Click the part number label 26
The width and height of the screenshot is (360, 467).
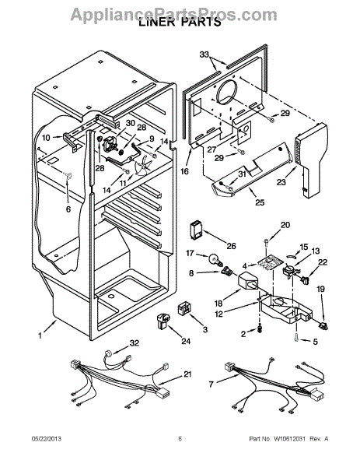pyautogui.click(x=231, y=246)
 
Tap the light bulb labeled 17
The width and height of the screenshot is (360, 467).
pyautogui.click(x=216, y=260)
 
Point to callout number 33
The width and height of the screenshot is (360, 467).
pyautogui.click(x=204, y=54)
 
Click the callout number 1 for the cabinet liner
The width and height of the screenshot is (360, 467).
pyautogui.click(x=40, y=335)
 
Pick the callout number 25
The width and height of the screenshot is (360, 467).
pyautogui.click(x=260, y=202)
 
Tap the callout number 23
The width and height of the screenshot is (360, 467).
pyautogui.click(x=281, y=181)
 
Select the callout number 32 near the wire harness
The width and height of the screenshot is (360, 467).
pyautogui.click(x=135, y=343)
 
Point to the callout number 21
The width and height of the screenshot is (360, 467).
pyautogui.click(x=187, y=374)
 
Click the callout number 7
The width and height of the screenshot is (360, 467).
pyautogui.click(x=211, y=384)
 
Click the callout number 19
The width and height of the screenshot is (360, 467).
pyautogui.click(x=320, y=289)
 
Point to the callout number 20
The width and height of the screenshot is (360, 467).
pyautogui.click(x=285, y=225)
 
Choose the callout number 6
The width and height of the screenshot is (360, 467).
pyautogui.click(x=68, y=209)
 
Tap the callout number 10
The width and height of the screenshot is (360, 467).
pyautogui.click(x=46, y=138)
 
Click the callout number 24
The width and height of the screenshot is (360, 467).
pyautogui.click(x=186, y=341)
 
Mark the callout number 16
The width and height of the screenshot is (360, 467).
pyautogui.click(x=184, y=171)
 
